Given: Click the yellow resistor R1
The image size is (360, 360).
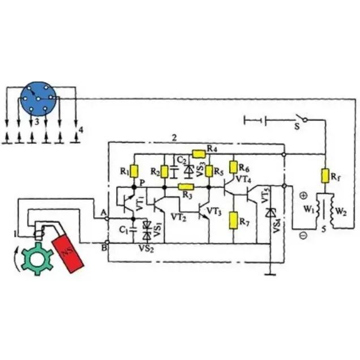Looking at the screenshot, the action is click(x=134, y=172).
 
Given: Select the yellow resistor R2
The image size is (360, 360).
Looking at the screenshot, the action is click(x=164, y=172).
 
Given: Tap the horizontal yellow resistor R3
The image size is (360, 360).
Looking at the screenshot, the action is click(x=186, y=187).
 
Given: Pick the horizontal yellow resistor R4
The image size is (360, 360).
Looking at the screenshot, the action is click(x=199, y=153).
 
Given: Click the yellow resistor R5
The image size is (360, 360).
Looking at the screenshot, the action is click(x=209, y=171).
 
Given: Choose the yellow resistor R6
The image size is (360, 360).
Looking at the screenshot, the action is click(x=233, y=167).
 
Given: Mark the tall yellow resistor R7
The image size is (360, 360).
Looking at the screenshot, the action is click(x=234, y=221).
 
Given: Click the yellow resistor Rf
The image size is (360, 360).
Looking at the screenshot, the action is click(x=325, y=175).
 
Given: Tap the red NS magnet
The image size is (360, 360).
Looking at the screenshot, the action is click(x=68, y=253).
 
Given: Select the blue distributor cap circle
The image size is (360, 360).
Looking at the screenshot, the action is click(x=38, y=99).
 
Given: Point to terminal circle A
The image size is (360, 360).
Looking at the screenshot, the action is click(x=107, y=219).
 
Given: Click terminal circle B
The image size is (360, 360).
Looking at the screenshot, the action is click(x=107, y=242).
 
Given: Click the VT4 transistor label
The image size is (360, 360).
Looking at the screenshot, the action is click(x=243, y=179).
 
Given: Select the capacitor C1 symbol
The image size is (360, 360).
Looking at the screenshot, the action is click(x=133, y=229).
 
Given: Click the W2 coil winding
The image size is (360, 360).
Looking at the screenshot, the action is click(x=332, y=209).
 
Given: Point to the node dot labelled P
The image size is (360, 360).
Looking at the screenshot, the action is click(x=134, y=187).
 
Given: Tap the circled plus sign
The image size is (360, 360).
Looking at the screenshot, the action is click(x=303, y=196).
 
